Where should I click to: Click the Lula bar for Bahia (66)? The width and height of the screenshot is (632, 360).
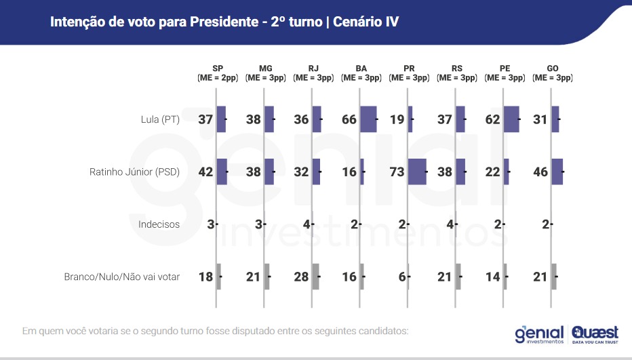[368, 119]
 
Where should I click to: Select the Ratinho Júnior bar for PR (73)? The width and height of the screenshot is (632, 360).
[417, 172]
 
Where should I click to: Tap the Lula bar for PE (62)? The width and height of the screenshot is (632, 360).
[511, 119]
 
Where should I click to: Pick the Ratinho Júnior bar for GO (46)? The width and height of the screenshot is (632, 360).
[557, 172]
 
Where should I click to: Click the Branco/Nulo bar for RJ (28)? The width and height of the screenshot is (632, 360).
[315, 277]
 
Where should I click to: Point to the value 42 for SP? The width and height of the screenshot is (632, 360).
[205, 172]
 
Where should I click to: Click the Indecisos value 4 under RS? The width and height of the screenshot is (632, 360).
[450, 224]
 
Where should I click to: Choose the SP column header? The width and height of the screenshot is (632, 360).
[218, 73]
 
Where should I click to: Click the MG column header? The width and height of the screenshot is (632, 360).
[266, 73]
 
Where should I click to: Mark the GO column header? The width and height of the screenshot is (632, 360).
[553, 73]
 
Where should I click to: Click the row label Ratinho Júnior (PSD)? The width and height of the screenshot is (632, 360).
[134, 172]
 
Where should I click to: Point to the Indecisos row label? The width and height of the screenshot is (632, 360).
[159, 224]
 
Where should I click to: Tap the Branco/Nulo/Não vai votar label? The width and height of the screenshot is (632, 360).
[122, 277]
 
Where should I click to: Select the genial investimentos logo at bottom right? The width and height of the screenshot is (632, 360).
[539, 334]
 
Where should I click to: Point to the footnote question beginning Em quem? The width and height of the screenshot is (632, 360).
[216, 332]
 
